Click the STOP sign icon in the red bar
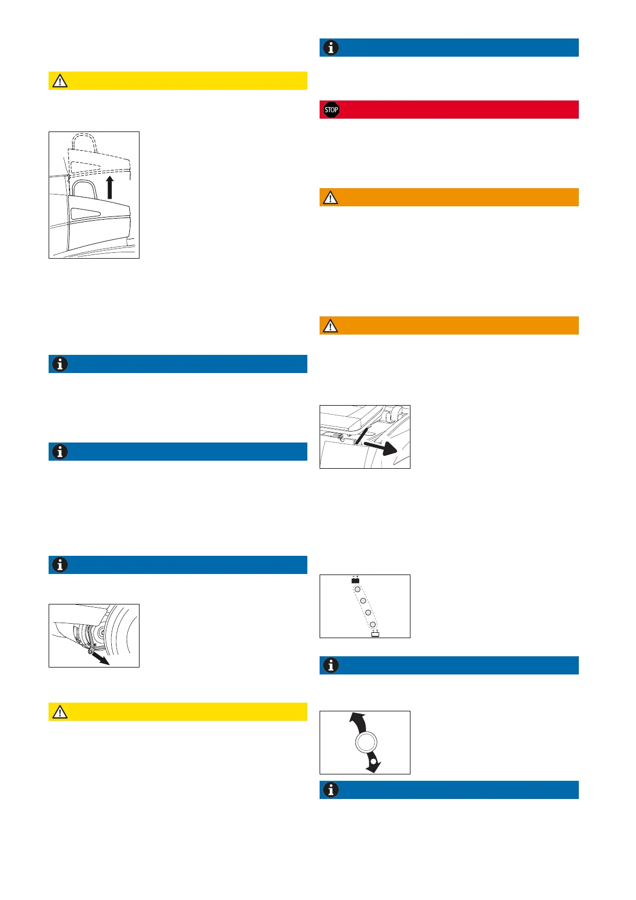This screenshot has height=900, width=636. pos(331,110)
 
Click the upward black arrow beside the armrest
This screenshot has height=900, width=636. pos(110,188)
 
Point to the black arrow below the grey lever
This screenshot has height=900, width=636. pos(100,657)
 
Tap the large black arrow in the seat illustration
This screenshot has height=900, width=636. pos(383,447)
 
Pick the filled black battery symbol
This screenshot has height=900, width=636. pos(355,580)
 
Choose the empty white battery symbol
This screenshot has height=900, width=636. pos(375,634)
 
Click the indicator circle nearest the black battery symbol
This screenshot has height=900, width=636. pos(358,589)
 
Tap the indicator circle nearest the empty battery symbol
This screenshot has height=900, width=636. pos(373,624)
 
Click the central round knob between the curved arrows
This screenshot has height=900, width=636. pos(366,742)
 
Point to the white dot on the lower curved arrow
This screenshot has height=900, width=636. pos(373,761)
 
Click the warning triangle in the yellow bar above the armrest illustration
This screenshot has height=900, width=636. pos(60,81)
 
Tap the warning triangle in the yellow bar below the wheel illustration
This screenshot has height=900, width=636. pos(60,712)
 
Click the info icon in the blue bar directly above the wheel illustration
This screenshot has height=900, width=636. pos(60,565)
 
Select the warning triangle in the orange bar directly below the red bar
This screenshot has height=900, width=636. pos(331,197)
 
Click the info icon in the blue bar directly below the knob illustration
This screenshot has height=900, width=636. pos(331,790)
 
